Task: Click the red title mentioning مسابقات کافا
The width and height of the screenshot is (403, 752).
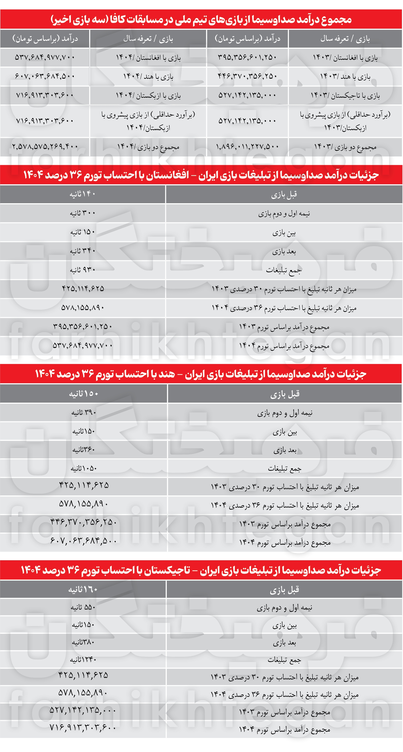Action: [201, 19]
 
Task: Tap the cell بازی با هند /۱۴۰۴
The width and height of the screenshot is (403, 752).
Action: [148, 77]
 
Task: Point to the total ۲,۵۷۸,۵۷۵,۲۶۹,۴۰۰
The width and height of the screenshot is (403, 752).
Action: [45, 147]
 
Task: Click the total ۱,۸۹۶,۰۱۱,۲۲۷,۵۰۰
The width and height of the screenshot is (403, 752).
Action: [247, 147]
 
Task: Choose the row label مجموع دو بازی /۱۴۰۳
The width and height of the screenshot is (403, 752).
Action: [345, 147]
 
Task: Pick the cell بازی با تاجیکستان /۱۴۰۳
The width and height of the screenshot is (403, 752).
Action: [345, 95]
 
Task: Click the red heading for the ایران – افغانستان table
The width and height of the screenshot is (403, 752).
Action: [201, 175]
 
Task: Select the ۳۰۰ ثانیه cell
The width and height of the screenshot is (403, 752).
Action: [82, 213]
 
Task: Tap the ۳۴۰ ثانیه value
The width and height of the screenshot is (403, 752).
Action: [82, 251]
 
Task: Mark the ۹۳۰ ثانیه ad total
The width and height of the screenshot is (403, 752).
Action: [82, 270]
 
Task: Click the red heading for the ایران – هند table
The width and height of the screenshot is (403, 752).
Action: [201, 374]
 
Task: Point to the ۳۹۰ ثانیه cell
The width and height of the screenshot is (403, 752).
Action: [84, 412]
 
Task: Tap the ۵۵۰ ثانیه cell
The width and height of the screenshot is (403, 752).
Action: [83, 607]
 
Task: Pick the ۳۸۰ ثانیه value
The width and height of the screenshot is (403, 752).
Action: [83, 642]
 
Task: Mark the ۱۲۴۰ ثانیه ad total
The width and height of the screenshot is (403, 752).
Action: [83, 660]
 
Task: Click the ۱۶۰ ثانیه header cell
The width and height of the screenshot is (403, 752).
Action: [83, 590]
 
